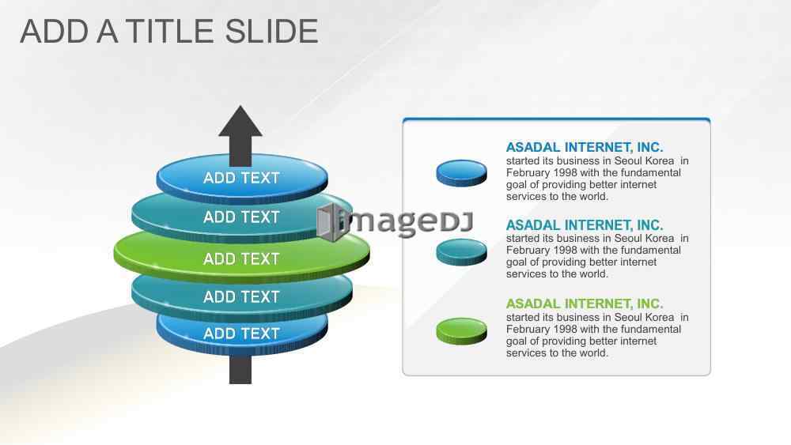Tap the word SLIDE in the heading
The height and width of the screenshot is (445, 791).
[271, 32]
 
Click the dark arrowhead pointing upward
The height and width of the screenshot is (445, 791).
[240, 122]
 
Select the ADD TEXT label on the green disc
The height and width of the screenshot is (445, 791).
[241, 258]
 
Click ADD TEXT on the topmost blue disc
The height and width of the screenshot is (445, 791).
[241, 178]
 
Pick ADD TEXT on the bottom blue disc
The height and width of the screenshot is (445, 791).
[241, 333]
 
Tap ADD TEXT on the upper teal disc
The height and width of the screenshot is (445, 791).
[241, 217]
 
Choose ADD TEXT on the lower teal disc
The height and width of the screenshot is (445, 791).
[241, 297]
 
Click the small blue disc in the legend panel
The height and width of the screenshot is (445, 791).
[462, 173]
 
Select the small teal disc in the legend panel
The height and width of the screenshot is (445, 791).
[462, 251]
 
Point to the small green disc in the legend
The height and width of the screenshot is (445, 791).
[462, 330]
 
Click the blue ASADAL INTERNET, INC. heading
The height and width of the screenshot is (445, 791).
[585, 147]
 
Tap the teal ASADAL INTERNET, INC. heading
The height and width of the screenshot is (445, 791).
[585, 224]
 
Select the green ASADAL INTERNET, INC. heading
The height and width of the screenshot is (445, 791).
[585, 304]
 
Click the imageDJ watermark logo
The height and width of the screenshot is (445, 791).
[395, 222]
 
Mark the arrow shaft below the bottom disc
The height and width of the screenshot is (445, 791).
[240, 370]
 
